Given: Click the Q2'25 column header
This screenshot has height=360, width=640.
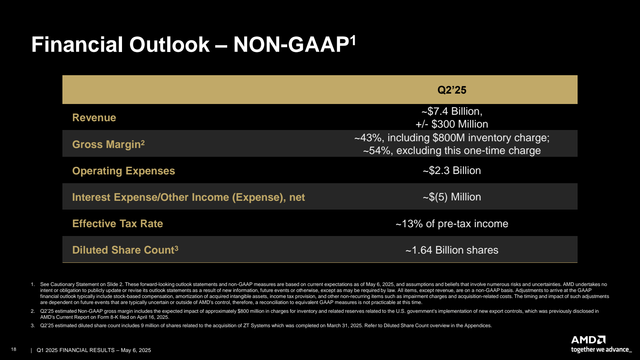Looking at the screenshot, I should (x=452, y=90).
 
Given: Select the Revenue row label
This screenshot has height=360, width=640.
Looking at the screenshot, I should (x=94, y=118).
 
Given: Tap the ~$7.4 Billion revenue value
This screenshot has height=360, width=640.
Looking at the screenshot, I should (x=452, y=111).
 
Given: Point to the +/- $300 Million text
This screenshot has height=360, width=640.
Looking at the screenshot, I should (x=452, y=124).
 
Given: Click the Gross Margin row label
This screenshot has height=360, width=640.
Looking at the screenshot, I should (x=108, y=144).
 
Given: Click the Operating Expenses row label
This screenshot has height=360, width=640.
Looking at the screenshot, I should (x=124, y=171).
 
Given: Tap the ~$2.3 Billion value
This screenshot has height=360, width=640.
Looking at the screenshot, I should (x=452, y=171).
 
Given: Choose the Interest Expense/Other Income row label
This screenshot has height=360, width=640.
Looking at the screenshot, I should (x=188, y=197).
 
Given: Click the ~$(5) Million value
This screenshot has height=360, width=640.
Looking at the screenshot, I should (x=452, y=197).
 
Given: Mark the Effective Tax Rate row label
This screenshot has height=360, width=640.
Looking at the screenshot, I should (x=118, y=224).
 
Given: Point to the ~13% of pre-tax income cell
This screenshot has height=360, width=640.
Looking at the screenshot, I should (x=452, y=224).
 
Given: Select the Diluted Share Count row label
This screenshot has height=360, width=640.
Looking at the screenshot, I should (x=125, y=250).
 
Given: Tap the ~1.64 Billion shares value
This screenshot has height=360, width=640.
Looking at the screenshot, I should (x=452, y=250).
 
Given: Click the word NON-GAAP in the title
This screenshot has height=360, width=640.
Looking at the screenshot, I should (x=291, y=44).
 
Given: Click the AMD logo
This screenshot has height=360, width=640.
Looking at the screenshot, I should (x=588, y=340).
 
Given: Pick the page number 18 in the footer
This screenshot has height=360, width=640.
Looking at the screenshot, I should (x=14, y=349).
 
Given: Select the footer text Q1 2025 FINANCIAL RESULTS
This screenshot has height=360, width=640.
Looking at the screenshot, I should (x=76, y=350).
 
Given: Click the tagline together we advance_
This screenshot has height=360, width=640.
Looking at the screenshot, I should (x=601, y=350).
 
